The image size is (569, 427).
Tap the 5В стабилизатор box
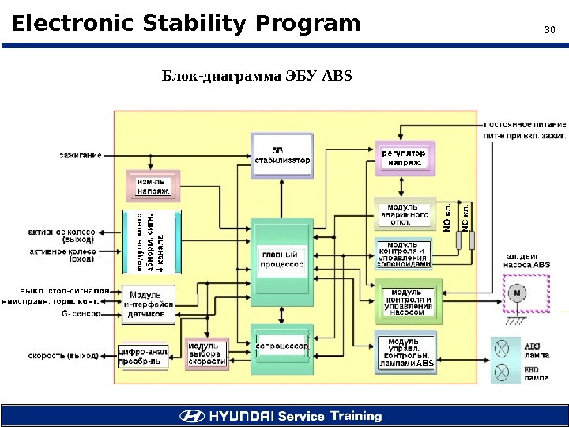pyautogui.click(x=281, y=155)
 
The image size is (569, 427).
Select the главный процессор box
pyautogui.click(x=281, y=259)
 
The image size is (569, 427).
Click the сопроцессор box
pyautogui.click(x=281, y=346)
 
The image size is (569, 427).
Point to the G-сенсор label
pyautogui.click(x=81, y=314)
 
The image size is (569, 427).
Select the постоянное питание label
pyautogui.click(x=525, y=125)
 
